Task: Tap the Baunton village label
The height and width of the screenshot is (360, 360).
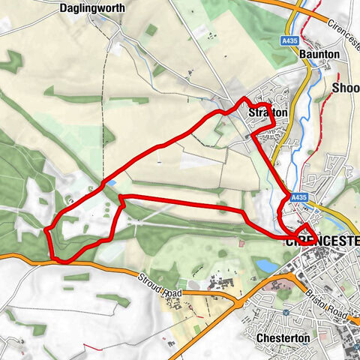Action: [x=319, y=55]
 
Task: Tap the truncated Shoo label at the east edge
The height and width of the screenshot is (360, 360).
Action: [x=345, y=88]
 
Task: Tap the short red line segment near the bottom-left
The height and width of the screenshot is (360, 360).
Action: [x=92, y=346]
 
